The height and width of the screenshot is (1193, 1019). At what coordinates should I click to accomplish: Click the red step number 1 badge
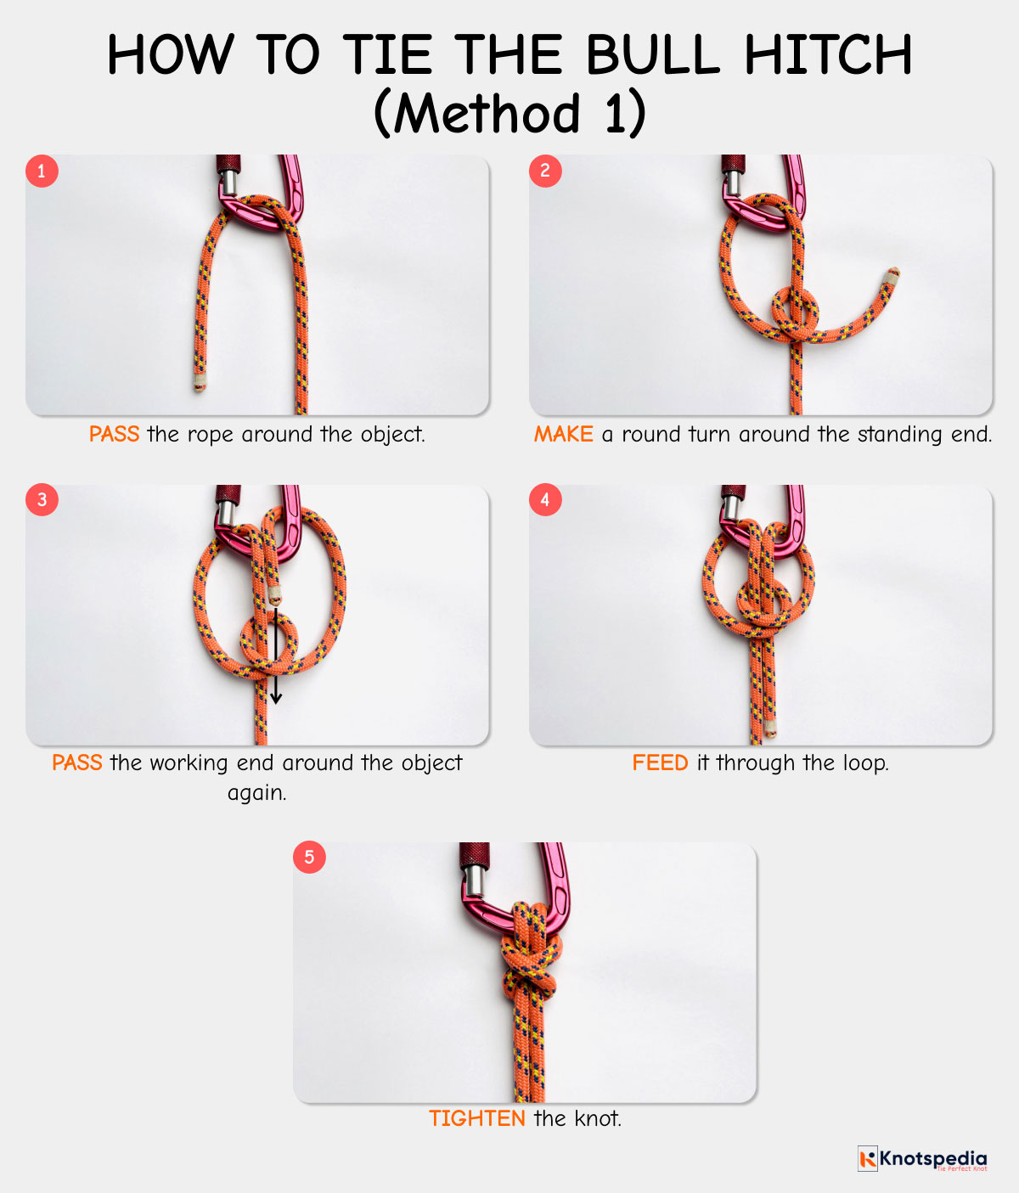pyautogui.click(x=42, y=171)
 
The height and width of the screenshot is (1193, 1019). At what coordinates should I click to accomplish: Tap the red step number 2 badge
pyautogui.click(x=545, y=171)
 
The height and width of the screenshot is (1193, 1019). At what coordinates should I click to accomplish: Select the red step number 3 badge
pyautogui.click(x=42, y=499)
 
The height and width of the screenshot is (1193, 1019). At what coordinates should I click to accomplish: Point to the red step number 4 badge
pyautogui.click(x=545, y=499)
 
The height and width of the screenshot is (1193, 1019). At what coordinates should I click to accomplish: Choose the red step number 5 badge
pyautogui.click(x=309, y=857)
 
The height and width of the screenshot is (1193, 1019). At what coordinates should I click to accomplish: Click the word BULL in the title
pyautogui.click(x=652, y=54)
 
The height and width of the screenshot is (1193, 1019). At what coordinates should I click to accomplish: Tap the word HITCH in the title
pyautogui.click(x=829, y=54)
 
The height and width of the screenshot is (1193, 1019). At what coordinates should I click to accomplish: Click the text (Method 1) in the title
pyautogui.click(x=509, y=113)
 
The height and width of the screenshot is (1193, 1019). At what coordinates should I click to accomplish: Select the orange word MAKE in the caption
pyautogui.click(x=564, y=434)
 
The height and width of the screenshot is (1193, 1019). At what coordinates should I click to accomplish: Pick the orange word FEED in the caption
pyautogui.click(x=660, y=763)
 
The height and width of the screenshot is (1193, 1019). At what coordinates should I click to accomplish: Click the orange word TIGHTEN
pyautogui.click(x=477, y=1118)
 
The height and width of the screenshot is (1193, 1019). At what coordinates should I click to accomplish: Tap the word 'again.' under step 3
pyautogui.click(x=257, y=793)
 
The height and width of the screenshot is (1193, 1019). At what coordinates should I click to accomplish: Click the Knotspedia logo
pyautogui.click(x=922, y=1158)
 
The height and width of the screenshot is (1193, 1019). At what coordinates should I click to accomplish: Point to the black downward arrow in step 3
pyautogui.click(x=276, y=655)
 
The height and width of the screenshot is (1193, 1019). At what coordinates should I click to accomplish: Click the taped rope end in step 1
pyautogui.click(x=200, y=382)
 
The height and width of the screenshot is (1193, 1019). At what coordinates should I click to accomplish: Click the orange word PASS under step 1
pyautogui.click(x=114, y=434)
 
